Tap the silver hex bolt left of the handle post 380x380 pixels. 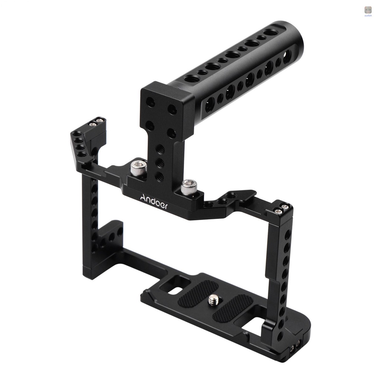[x=138, y=167]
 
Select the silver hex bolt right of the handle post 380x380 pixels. [x=189, y=187]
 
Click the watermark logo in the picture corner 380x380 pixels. [x=368, y=11]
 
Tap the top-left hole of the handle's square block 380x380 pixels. [x=151, y=102]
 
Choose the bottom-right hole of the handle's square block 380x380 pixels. [x=171, y=133]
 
